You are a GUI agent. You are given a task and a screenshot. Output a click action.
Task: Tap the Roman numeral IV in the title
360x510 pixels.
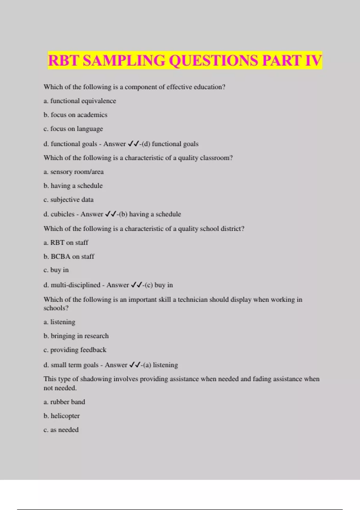coord(313,60)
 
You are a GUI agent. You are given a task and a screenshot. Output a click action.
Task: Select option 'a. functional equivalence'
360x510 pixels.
coord(80,101)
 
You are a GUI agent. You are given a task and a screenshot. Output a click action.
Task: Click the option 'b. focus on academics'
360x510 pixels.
coord(75,115)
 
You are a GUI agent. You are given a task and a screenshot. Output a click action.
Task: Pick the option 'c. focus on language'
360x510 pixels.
coord(73,129)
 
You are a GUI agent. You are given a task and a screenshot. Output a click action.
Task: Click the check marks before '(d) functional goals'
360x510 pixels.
coord(133,144)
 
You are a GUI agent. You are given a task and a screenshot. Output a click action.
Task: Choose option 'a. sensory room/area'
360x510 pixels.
coord(73,172)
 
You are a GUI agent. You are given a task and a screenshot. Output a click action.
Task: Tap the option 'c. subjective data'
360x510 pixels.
coord(68,200)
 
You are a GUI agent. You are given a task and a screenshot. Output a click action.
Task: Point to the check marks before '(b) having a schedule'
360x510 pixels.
coord(110,214)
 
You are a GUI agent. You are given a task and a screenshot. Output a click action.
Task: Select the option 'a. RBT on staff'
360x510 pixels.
coord(66,243)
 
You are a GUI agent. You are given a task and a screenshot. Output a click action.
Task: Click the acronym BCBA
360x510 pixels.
coord(61,256)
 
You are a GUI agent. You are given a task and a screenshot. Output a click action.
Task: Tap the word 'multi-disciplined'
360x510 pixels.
coord(76,285)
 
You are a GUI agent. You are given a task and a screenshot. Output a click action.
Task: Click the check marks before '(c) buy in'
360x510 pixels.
coord(136,285)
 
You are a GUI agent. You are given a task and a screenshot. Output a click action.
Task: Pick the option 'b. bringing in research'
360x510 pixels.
coord(76,336)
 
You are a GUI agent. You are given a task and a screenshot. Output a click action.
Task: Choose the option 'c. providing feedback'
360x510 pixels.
coord(75,350)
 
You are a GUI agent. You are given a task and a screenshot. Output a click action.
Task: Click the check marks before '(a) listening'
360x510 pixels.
coord(135,365)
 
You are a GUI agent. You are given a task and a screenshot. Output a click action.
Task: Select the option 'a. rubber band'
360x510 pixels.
coord(64,402)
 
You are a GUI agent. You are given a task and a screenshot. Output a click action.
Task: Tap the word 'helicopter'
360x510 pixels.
coord(65,416)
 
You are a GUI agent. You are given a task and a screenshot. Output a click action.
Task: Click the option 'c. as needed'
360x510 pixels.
coord(61,430)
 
